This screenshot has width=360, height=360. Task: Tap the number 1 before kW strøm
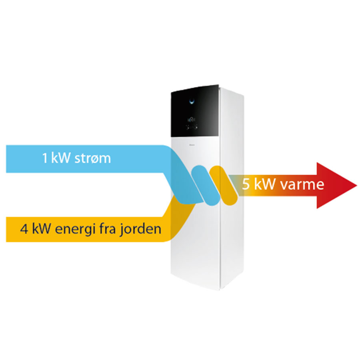pos(45,158)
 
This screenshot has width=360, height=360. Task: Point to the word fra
pos(106,230)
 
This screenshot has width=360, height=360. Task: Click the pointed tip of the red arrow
pos(355,186)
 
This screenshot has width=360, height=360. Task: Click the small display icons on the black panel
pos(192,119)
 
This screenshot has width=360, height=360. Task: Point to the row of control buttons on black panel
pos(192,128)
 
